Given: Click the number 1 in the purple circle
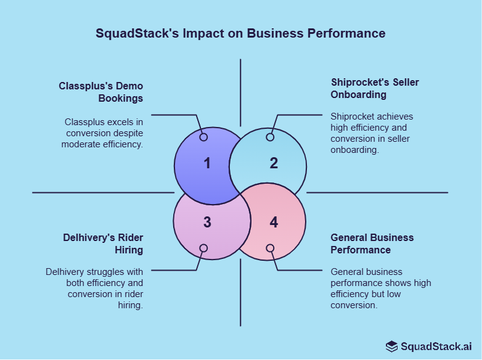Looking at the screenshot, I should pos(207,163).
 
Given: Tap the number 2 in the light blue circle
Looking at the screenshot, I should pos(274,163).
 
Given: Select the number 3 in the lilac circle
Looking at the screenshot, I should pos(207,222).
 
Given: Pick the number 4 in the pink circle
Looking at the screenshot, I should pos(274,222).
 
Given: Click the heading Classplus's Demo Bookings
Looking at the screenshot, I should pos(101,92).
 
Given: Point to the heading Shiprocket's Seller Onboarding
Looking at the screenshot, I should pos(375,88).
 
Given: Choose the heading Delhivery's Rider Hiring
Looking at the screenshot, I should pos(103,243).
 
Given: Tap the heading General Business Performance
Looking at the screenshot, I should pos(372,243).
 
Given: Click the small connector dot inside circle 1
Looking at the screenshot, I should pos(203,137).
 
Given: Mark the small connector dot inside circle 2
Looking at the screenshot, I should pos(270,137).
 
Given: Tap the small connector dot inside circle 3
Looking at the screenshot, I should pos(203,248).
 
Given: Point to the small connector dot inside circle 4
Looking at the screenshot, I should pos(270,248).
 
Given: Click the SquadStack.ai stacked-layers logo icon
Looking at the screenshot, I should pos(392,346).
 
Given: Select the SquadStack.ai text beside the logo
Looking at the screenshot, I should pos(436,346).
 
